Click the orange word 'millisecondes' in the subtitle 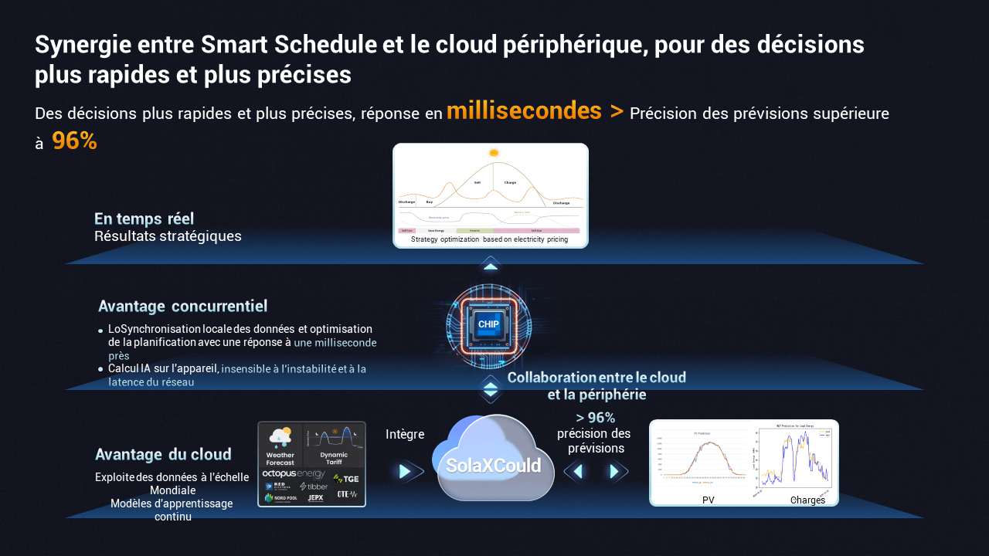tap(524, 111)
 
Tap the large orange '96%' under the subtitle tap(74, 141)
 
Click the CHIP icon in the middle tap(488, 324)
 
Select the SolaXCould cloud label tap(494, 466)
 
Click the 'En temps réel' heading tap(144, 219)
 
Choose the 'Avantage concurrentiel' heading tap(182, 306)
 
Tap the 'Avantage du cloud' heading tap(163, 454)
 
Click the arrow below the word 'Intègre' tap(406, 471)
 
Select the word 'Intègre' tap(405, 434)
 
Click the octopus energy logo tap(294, 473)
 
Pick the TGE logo tap(345, 479)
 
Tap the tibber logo tap(314, 486)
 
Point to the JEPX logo tap(315, 498)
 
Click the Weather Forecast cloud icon tap(280, 437)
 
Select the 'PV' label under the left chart tap(709, 500)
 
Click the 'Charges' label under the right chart tap(807, 500)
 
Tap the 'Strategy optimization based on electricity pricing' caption tap(489, 239)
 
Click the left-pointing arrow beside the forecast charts tap(576, 471)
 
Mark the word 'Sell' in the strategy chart tap(478, 182)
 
